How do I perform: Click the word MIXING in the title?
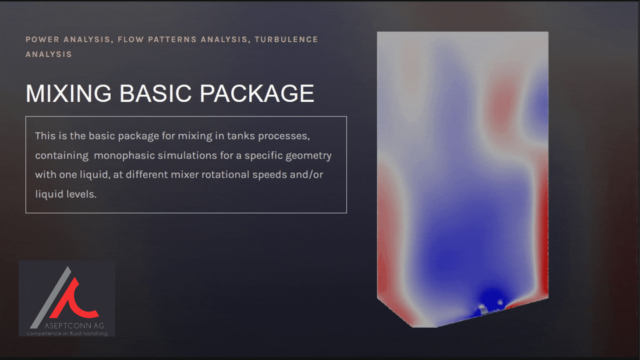(68, 93)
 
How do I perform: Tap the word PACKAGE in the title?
(257, 93)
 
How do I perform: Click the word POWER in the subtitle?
(42, 40)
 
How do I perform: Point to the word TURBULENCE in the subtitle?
(286, 40)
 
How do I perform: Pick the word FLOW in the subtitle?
(131, 40)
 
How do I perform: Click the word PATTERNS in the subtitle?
(172, 40)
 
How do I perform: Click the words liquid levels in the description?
(66, 194)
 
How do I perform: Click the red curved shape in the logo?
(74, 300)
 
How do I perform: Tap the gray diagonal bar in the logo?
(51, 297)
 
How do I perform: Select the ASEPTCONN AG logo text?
(74, 326)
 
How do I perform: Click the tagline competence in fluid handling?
(67, 333)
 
